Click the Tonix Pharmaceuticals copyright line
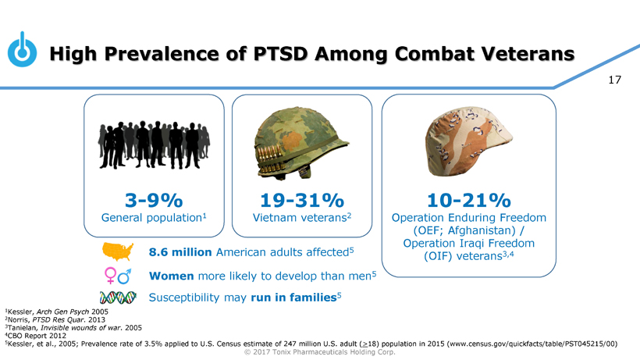click(319, 351)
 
